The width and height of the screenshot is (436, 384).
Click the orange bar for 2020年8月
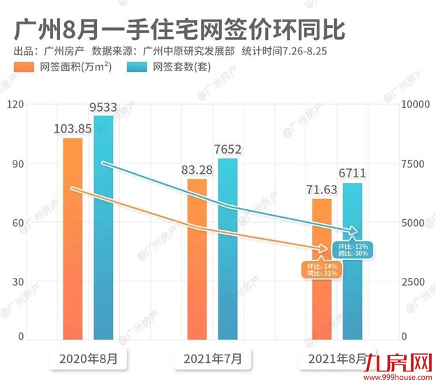pos(73,238)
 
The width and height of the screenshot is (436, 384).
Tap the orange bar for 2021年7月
pos(197,258)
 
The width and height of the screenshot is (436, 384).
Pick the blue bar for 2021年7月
pos(227,249)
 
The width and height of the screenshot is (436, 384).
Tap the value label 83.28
pos(197,170)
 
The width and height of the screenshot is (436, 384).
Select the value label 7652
pos(227,149)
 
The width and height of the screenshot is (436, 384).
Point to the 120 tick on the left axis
pos(15,104)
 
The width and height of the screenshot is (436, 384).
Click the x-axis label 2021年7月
pos(213,360)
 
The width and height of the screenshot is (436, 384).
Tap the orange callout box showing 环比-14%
pos(322,269)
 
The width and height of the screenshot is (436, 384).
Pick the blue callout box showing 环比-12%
pos(352,250)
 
